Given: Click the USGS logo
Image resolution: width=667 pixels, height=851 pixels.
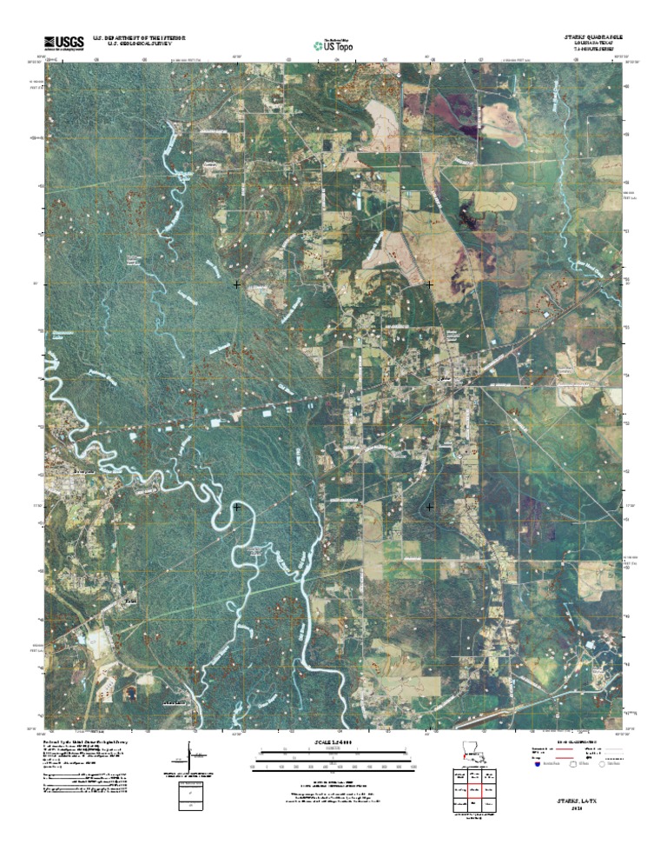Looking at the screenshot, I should tap(63, 42).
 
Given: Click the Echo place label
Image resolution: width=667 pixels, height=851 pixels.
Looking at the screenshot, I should tap(130, 599).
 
